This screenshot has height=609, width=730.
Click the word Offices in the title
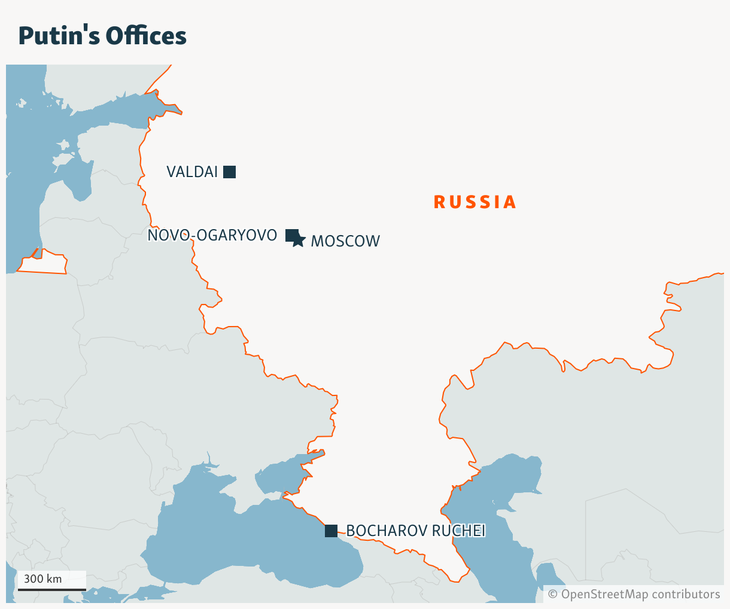tap(146, 36)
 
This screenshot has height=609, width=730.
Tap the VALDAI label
tap(191, 172)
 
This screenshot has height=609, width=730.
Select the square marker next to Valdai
tap(229, 172)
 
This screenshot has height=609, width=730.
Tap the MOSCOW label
tap(345, 241)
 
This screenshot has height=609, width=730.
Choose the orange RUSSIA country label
tap(474, 202)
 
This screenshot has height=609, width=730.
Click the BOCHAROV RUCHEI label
tap(415, 531)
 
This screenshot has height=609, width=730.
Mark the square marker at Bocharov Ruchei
tap(331, 531)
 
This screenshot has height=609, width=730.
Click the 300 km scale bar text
tap(42, 579)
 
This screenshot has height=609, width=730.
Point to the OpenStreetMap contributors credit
tap(634, 594)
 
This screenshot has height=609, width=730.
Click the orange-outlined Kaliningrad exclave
tap(45, 263)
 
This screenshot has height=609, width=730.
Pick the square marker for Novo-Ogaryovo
tap(291, 235)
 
